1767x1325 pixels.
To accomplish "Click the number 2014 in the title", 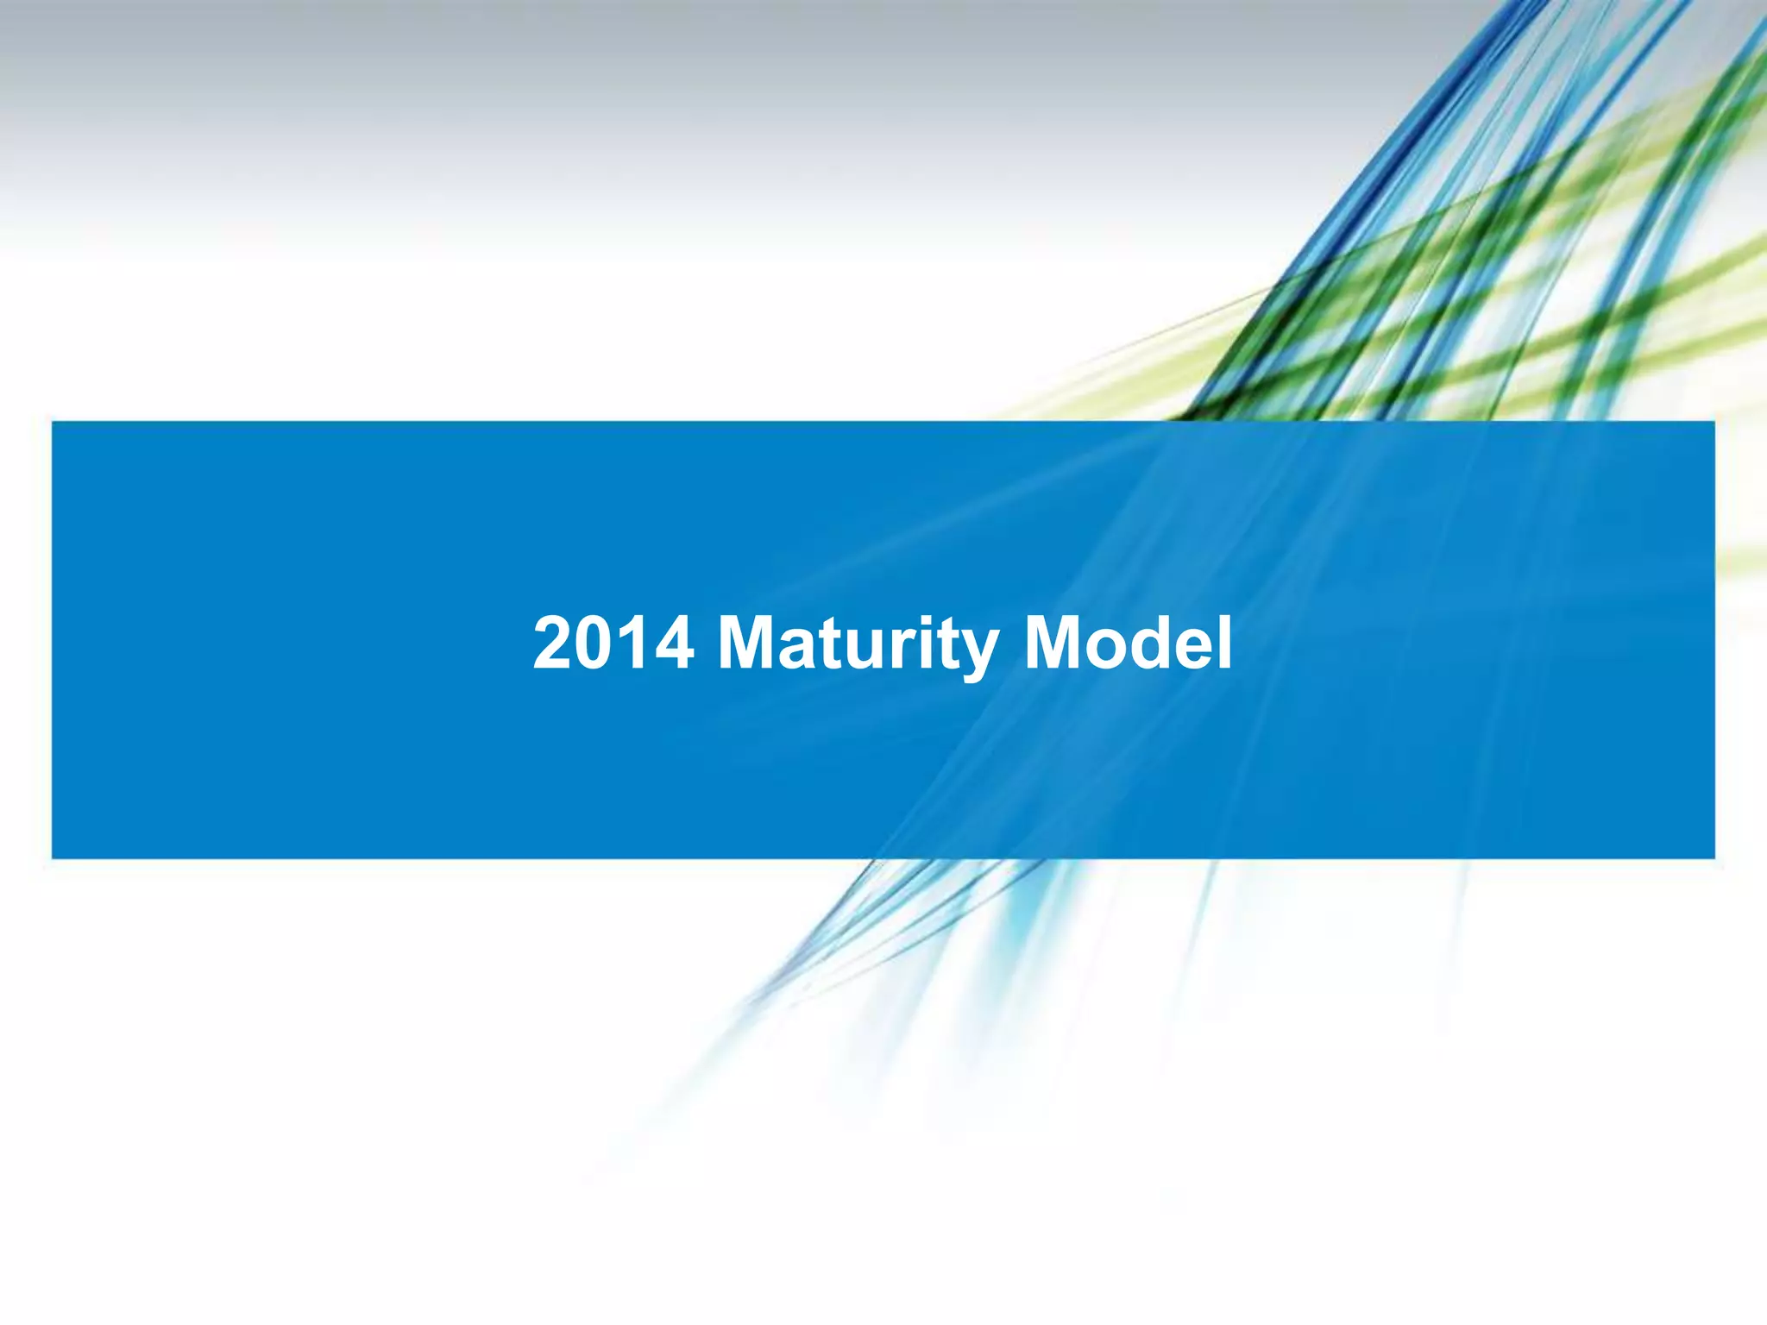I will (x=613, y=644).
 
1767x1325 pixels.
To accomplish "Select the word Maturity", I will (x=858, y=645).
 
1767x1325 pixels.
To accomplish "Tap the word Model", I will (x=1128, y=644).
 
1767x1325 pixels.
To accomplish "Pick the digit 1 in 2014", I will (x=632, y=644).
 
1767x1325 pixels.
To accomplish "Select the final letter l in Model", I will (x=1224, y=644).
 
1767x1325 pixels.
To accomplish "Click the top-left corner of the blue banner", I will (x=53, y=422).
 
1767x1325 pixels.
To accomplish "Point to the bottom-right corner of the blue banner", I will (x=1714, y=857).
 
